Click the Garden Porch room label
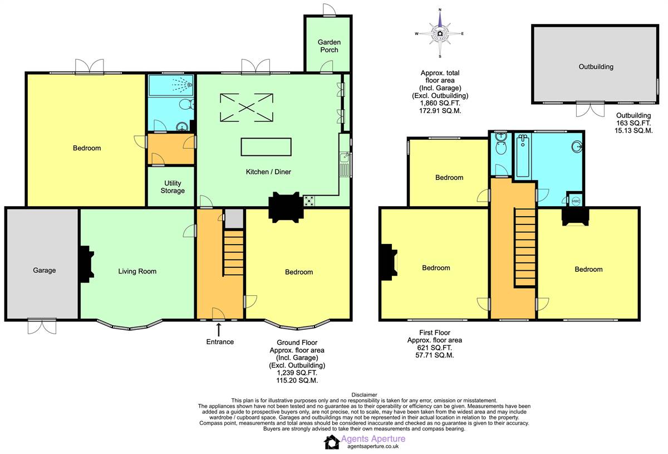[x=329, y=46]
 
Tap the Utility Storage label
[x=173, y=187]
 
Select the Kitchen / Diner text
[x=268, y=172]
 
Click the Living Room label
[x=137, y=271]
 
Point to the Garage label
[x=45, y=270]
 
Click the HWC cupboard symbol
[x=576, y=201]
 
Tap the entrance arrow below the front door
[x=219, y=330]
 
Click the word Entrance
[x=220, y=342]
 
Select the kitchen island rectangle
[x=266, y=147]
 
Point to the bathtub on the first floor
[x=523, y=155]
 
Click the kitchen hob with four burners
[x=310, y=201]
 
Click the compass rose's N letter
[x=440, y=10]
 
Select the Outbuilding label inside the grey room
[x=596, y=66]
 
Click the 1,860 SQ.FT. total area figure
[x=440, y=103]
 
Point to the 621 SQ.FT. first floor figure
[x=435, y=348]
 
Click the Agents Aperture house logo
[x=331, y=442]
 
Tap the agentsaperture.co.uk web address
[x=373, y=447]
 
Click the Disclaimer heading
[x=364, y=394]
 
